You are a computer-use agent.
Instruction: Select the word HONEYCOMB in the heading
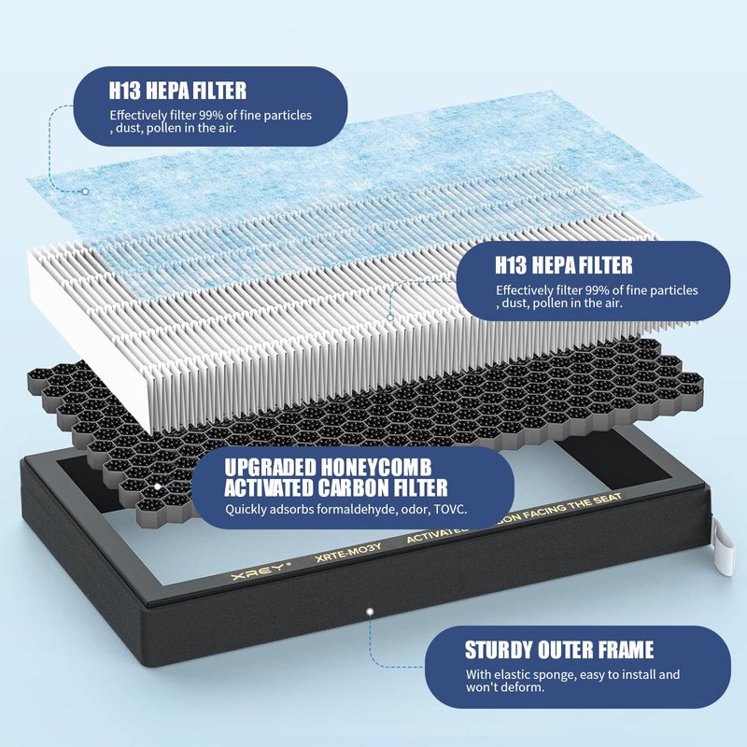point(375,468)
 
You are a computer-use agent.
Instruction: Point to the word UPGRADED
point(270,468)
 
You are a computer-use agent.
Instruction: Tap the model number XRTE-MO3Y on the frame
point(348,553)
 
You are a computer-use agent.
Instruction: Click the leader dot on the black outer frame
point(370,612)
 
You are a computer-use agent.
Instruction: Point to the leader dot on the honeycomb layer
point(157,486)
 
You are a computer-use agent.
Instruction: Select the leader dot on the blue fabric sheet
point(85,191)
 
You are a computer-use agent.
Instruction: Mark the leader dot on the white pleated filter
point(390,317)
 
